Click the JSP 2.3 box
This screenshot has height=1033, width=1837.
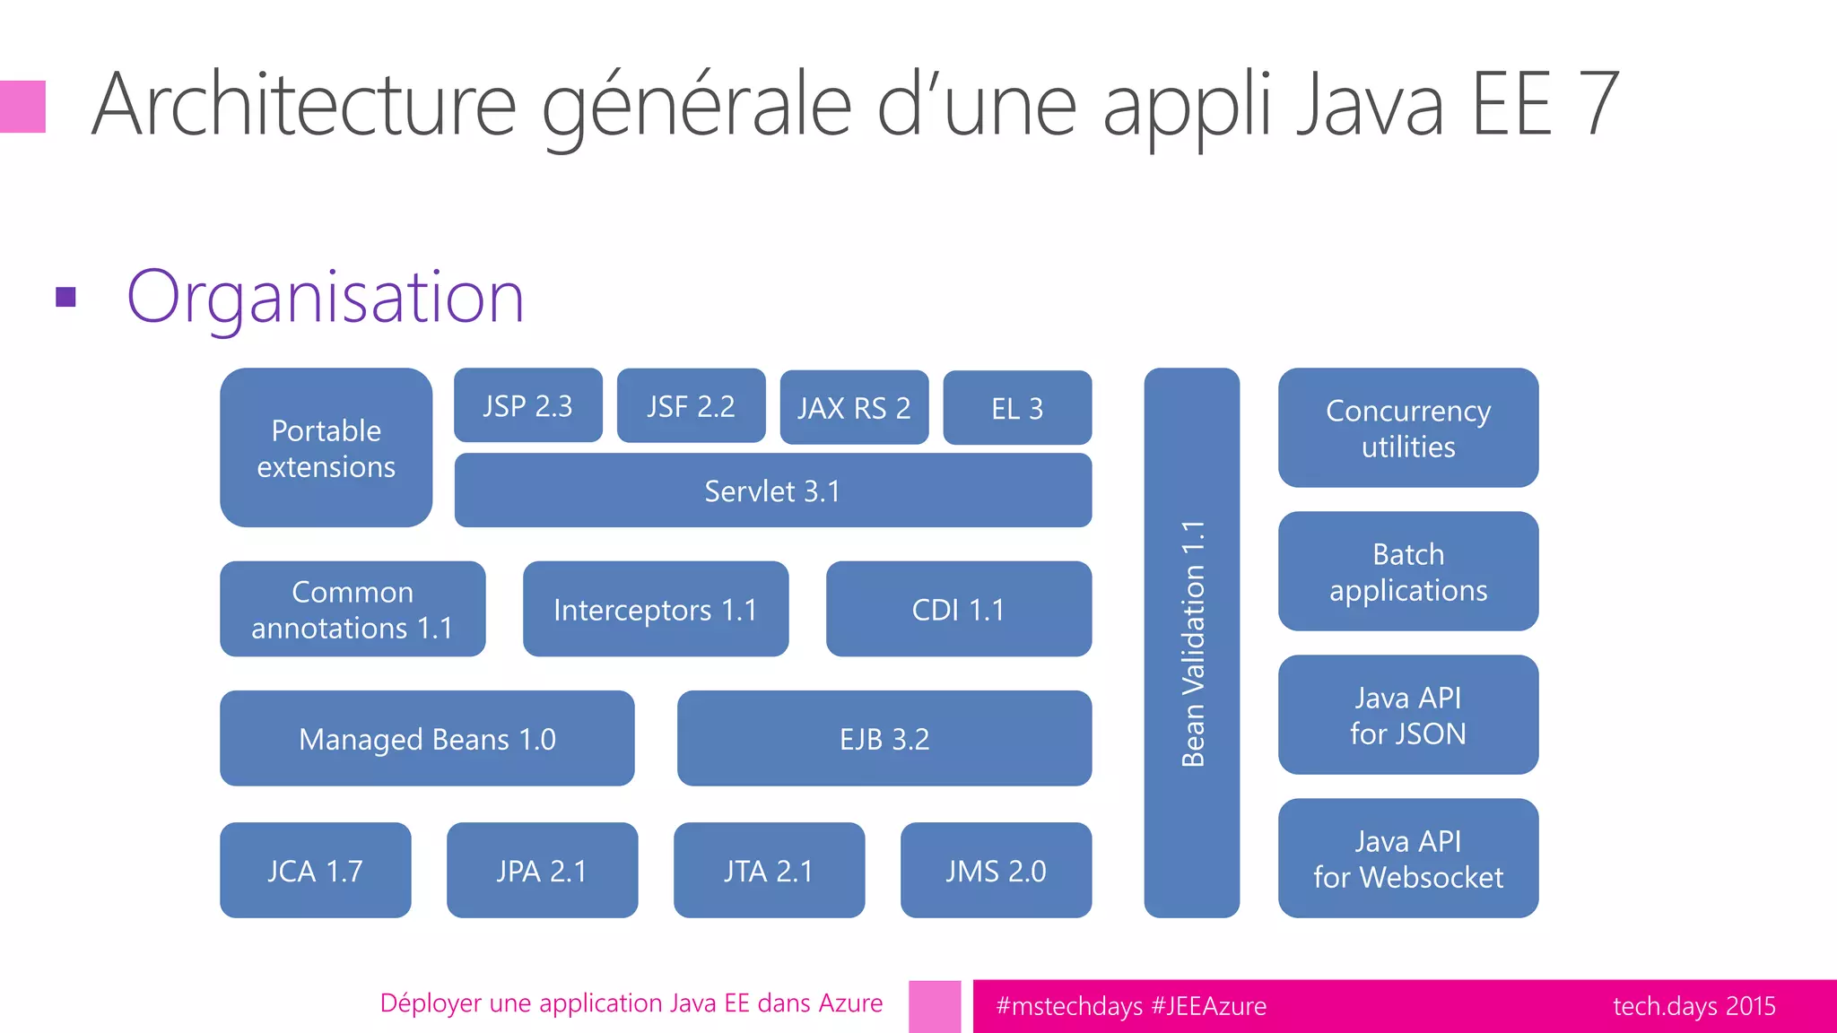click(x=527, y=405)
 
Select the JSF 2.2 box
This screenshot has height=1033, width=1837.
click(x=691, y=406)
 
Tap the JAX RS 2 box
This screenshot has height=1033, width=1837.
click(x=854, y=408)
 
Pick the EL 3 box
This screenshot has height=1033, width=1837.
click(x=1017, y=408)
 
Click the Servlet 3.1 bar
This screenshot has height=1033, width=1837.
click(x=772, y=490)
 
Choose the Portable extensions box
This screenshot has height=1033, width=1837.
click(x=326, y=447)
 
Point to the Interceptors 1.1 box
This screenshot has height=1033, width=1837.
click(x=655, y=609)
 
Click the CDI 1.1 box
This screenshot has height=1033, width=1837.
click(x=958, y=609)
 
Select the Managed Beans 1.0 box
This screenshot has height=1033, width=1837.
click(x=427, y=738)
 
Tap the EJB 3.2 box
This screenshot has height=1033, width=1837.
click(x=884, y=738)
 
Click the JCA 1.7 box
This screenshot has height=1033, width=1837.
click(x=315, y=870)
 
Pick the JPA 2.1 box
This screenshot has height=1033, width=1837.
click(x=542, y=870)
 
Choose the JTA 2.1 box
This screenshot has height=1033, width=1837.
click(x=769, y=870)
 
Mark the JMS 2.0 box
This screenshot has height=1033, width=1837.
click(x=996, y=870)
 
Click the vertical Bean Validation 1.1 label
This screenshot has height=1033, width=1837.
click(x=1192, y=643)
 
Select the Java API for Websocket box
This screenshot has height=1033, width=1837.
click(x=1408, y=858)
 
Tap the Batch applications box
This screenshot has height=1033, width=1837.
click(x=1408, y=571)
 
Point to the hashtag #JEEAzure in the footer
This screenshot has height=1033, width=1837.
click(x=1209, y=1006)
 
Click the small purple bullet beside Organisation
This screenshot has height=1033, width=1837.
click(x=65, y=297)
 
